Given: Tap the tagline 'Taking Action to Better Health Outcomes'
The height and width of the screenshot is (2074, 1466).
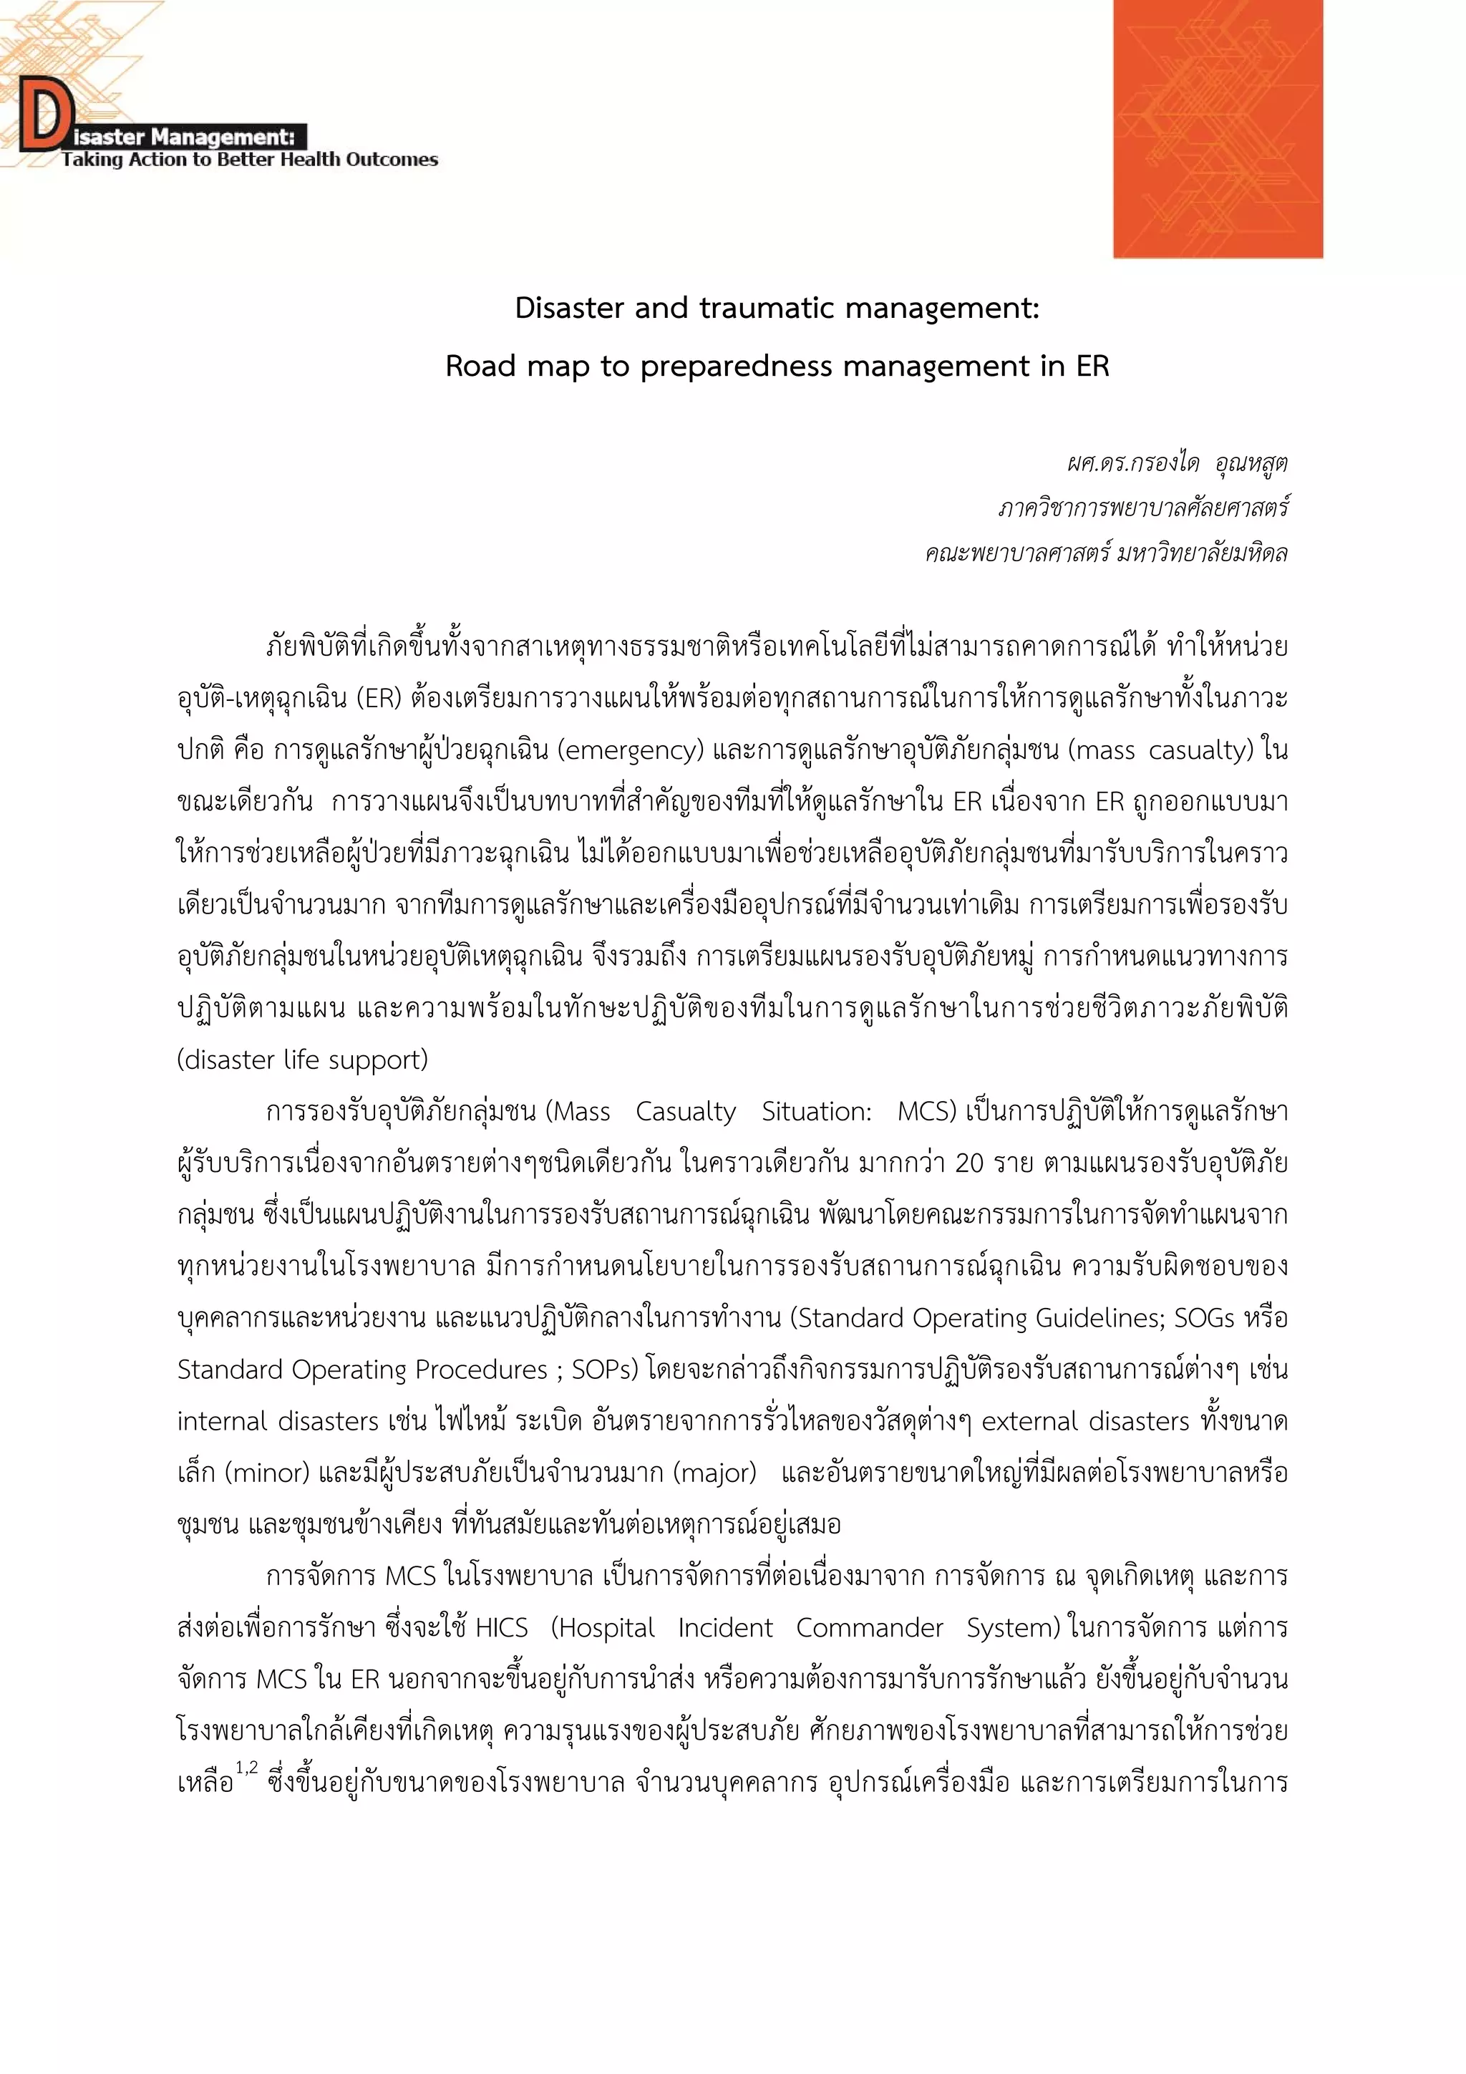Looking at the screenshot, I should tap(249, 160).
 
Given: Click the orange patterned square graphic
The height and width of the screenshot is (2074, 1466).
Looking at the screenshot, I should tap(1217, 129).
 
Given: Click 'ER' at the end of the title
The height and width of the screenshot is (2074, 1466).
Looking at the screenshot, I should tap(1091, 367).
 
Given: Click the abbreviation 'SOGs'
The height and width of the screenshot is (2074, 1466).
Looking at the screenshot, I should tap(1203, 1319).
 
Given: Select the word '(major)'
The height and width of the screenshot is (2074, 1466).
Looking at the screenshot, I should tap(714, 1473).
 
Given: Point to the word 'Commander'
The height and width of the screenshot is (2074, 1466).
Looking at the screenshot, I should tap(869, 1629).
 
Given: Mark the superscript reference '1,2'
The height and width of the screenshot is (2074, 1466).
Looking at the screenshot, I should tap(246, 1767).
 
